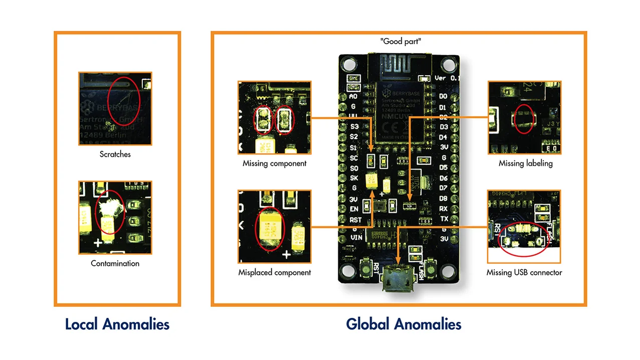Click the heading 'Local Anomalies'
[x=117, y=324]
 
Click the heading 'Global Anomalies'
[x=403, y=324]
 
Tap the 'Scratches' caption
[x=115, y=154]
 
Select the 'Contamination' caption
[x=115, y=263]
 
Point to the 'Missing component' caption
[x=274, y=163]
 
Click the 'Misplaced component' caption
[x=274, y=273]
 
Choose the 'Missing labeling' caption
[x=525, y=163]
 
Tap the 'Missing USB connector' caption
[x=524, y=273]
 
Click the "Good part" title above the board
[x=401, y=42]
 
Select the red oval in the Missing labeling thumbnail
[x=524, y=119]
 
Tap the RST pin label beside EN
[x=355, y=220]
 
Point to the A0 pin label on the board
[x=353, y=96]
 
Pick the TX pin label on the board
[x=444, y=219]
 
